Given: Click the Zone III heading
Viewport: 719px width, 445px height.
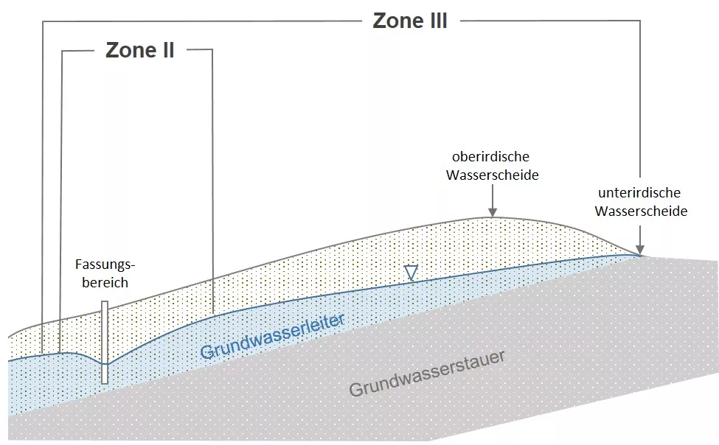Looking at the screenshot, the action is (x=410, y=21).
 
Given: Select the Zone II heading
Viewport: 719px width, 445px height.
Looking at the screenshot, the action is (x=140, y=50).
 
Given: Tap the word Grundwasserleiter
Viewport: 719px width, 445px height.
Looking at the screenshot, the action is (x=272, y=337).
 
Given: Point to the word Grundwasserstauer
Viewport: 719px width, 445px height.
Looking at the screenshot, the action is (x=427, y=374).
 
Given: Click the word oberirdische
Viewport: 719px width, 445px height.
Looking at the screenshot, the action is (x=490, y=157).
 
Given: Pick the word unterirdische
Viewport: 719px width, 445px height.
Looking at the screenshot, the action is (x=639, y=192).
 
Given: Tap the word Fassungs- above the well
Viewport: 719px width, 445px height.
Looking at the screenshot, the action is (x=105, y=264).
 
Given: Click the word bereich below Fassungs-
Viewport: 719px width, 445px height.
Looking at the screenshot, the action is (x=105, y=282).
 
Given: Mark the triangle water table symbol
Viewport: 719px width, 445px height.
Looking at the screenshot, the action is (x=411, y=273).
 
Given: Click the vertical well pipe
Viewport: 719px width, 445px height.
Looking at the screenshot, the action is (x=105, y=342).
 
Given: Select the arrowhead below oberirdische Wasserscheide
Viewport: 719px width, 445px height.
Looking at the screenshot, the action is (x=493, y=212).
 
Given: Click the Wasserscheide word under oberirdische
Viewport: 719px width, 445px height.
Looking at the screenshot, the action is (x=492, y=175).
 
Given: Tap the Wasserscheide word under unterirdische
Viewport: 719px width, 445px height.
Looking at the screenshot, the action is (x=641, y=211).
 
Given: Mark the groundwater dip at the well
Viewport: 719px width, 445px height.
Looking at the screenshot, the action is (x=105, y=364).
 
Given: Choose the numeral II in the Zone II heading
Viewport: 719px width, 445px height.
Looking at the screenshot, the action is (x=168, y=50).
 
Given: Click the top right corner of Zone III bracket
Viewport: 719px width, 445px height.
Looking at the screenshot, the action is (x=640, y=21).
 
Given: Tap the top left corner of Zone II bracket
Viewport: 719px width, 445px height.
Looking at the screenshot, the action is (x=63, y=51).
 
